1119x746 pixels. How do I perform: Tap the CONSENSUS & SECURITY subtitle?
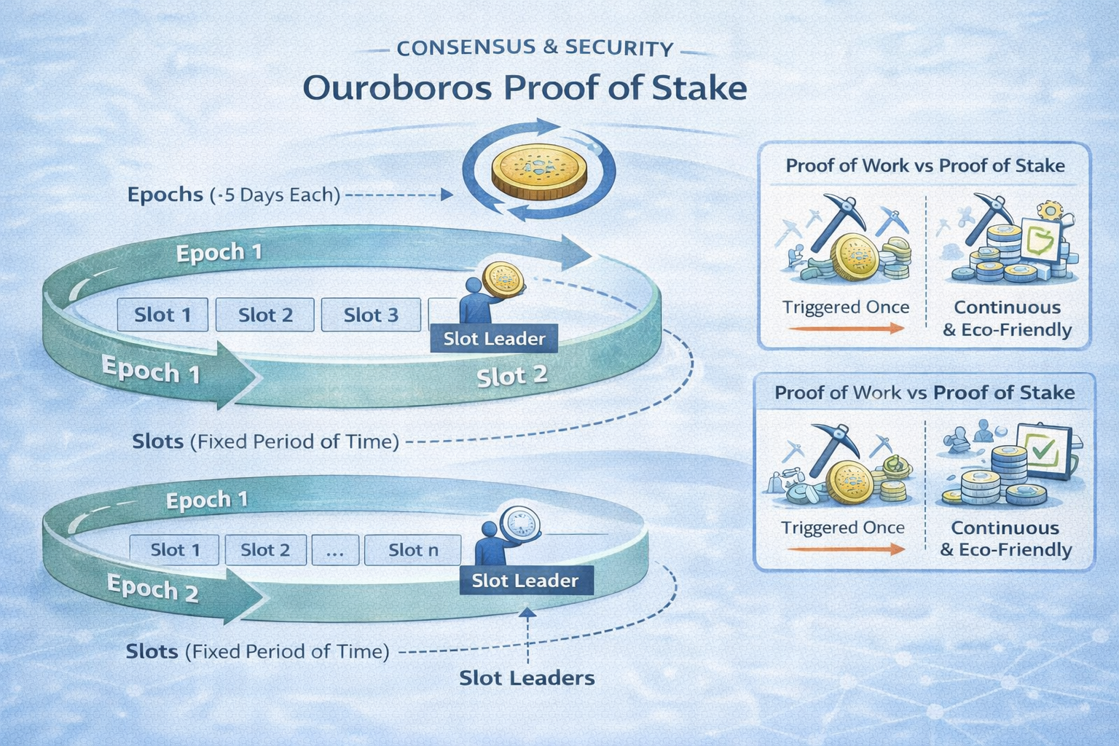coord(535,48)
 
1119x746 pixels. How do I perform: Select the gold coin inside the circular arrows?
coord(538,171)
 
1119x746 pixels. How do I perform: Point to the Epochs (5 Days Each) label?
coord(233,195)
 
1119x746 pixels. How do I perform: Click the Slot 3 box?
coord(371,315)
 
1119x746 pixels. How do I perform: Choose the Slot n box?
coord(413,550)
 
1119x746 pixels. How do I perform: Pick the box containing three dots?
coord(335,550)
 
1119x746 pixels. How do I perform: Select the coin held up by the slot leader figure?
coord(503,280)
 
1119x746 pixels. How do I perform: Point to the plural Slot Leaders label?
coord(527,678)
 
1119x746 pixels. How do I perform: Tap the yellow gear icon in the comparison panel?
coord(1050,211)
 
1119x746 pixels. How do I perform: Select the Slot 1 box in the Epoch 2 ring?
coord(175,550)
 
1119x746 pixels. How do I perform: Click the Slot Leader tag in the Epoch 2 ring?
coord(525,581)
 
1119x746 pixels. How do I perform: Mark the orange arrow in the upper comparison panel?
coord(845,329)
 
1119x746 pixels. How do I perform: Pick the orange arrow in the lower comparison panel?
coord(845,549)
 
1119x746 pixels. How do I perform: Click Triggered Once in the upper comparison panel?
coord(846,307)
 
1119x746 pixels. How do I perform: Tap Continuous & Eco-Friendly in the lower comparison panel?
coord(1005,538)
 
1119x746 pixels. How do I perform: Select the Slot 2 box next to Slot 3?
coord(265,315)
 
